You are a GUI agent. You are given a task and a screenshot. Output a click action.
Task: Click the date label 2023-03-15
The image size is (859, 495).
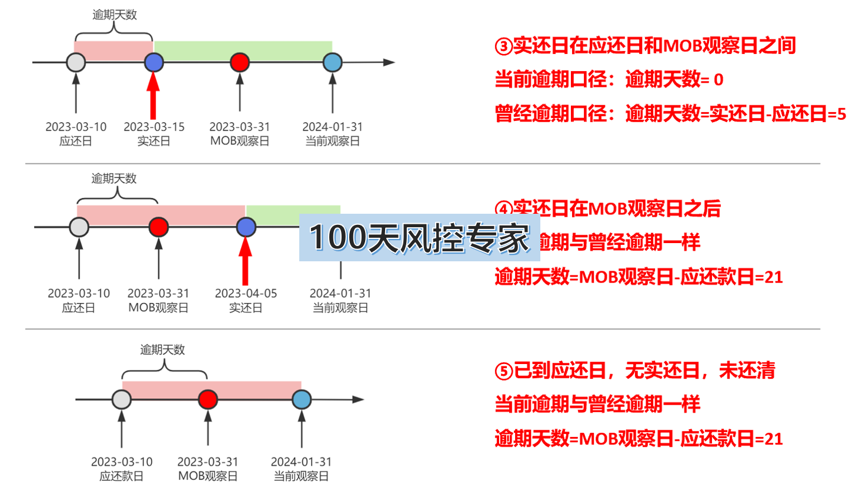[154, 127]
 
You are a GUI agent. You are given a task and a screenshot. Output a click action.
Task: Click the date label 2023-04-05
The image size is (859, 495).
[246, 293]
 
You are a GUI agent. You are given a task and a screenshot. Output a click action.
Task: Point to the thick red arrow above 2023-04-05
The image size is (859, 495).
[245, 262]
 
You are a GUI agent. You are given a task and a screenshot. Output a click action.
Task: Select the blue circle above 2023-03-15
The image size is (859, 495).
[154, 62]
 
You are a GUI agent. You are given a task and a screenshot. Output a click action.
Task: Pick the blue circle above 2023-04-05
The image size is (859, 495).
[246, 227]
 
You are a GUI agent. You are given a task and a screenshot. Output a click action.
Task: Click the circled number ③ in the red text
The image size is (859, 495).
[503, 46]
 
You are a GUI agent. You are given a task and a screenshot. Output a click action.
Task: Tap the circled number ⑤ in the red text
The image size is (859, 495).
[504, 371]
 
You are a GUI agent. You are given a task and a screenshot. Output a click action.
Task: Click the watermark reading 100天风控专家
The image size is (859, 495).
[419, 238]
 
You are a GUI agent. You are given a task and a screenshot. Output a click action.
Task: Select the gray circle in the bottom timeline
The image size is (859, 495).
[122, 399]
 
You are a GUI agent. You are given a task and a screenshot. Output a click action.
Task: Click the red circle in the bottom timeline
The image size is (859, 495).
[208, 399]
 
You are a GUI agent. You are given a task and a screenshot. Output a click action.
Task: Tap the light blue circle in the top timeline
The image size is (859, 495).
[333, 62]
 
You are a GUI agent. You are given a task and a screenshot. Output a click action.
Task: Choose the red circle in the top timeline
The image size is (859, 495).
[239, 62]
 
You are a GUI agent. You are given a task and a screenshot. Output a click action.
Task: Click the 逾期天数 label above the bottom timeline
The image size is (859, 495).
[162, 350]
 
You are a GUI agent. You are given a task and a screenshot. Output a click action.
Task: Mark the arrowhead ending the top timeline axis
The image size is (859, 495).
[389, 62]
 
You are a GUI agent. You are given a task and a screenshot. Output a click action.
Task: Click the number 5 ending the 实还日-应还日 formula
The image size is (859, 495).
[841, 114]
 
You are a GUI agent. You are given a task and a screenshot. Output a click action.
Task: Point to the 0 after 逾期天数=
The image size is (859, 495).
[718, 80]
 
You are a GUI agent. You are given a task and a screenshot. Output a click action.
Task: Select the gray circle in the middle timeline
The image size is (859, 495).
[79, 227]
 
